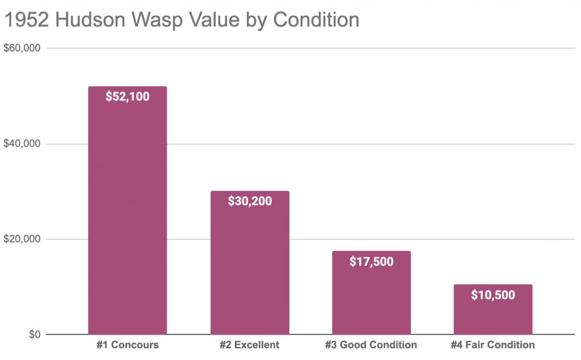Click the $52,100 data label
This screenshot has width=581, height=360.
[x=128, y=97]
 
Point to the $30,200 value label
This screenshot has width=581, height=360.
[x=250, y=201]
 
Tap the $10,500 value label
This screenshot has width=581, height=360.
[x=493, y=295]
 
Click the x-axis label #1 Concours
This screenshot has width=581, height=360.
[x=128, y=345]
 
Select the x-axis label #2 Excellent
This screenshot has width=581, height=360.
[x=250, y=345]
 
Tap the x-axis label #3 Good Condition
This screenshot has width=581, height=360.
[x=371, y=345]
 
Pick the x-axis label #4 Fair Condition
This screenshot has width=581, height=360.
[x=493, y=345]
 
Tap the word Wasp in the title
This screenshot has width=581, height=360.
[x=171, y=20]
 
